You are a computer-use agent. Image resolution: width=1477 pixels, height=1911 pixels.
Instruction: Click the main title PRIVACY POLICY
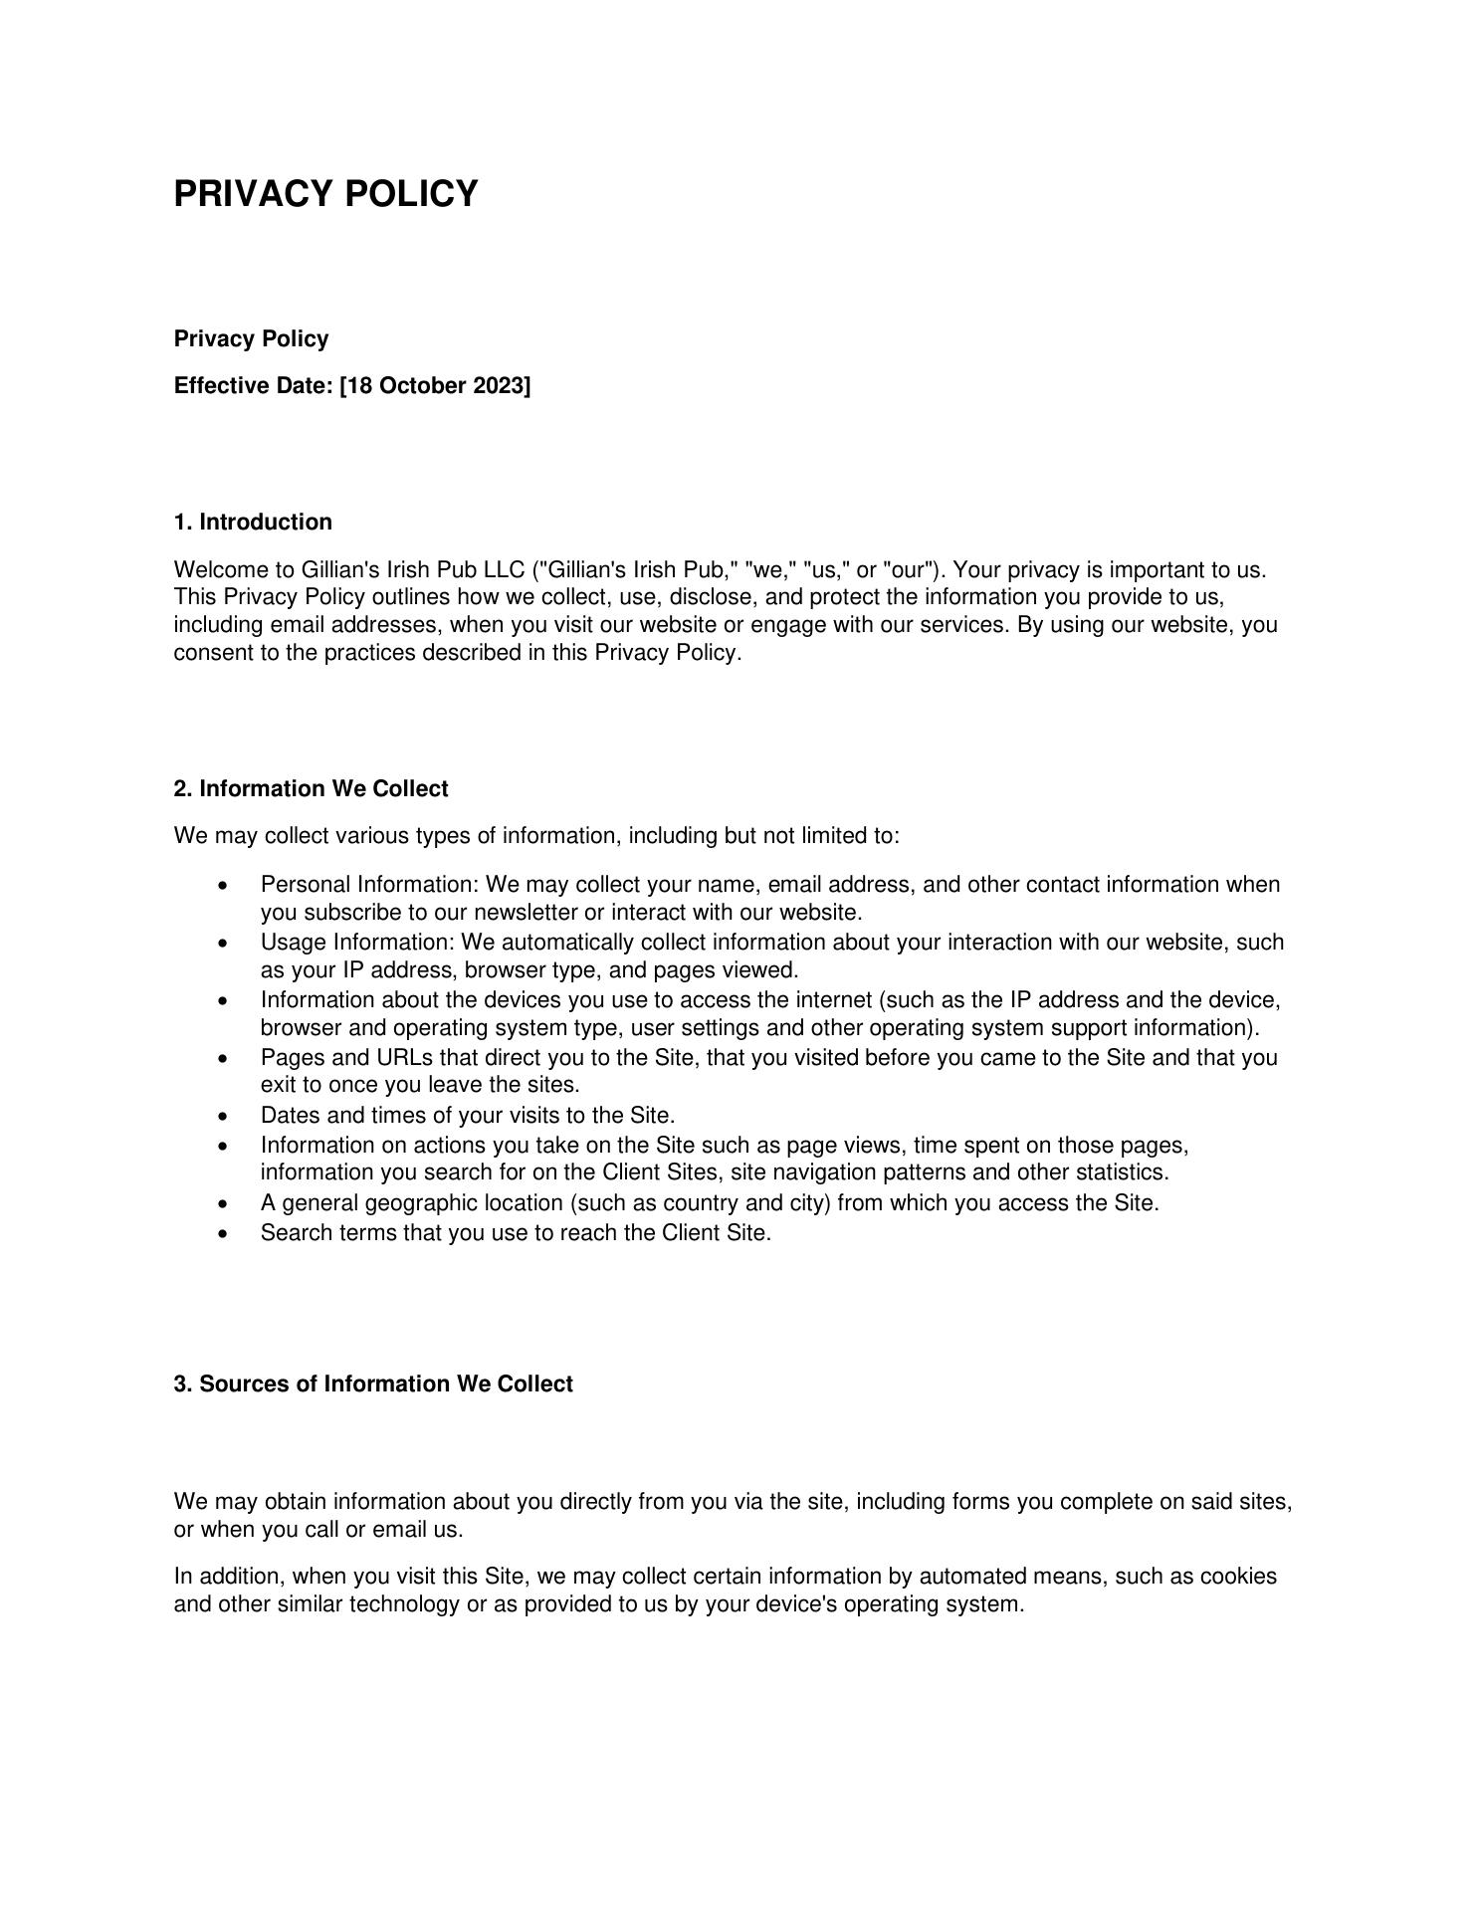325,193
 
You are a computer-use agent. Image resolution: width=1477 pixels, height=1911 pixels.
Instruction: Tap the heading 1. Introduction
253,523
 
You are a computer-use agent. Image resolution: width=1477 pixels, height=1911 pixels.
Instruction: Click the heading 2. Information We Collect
311,789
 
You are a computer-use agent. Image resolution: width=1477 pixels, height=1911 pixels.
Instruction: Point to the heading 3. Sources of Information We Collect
373,1384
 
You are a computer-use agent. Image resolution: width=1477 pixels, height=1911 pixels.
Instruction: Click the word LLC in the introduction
504,570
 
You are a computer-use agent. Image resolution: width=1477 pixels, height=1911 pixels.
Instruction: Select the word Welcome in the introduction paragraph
220,570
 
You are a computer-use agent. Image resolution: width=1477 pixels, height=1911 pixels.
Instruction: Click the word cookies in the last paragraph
1237,1577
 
